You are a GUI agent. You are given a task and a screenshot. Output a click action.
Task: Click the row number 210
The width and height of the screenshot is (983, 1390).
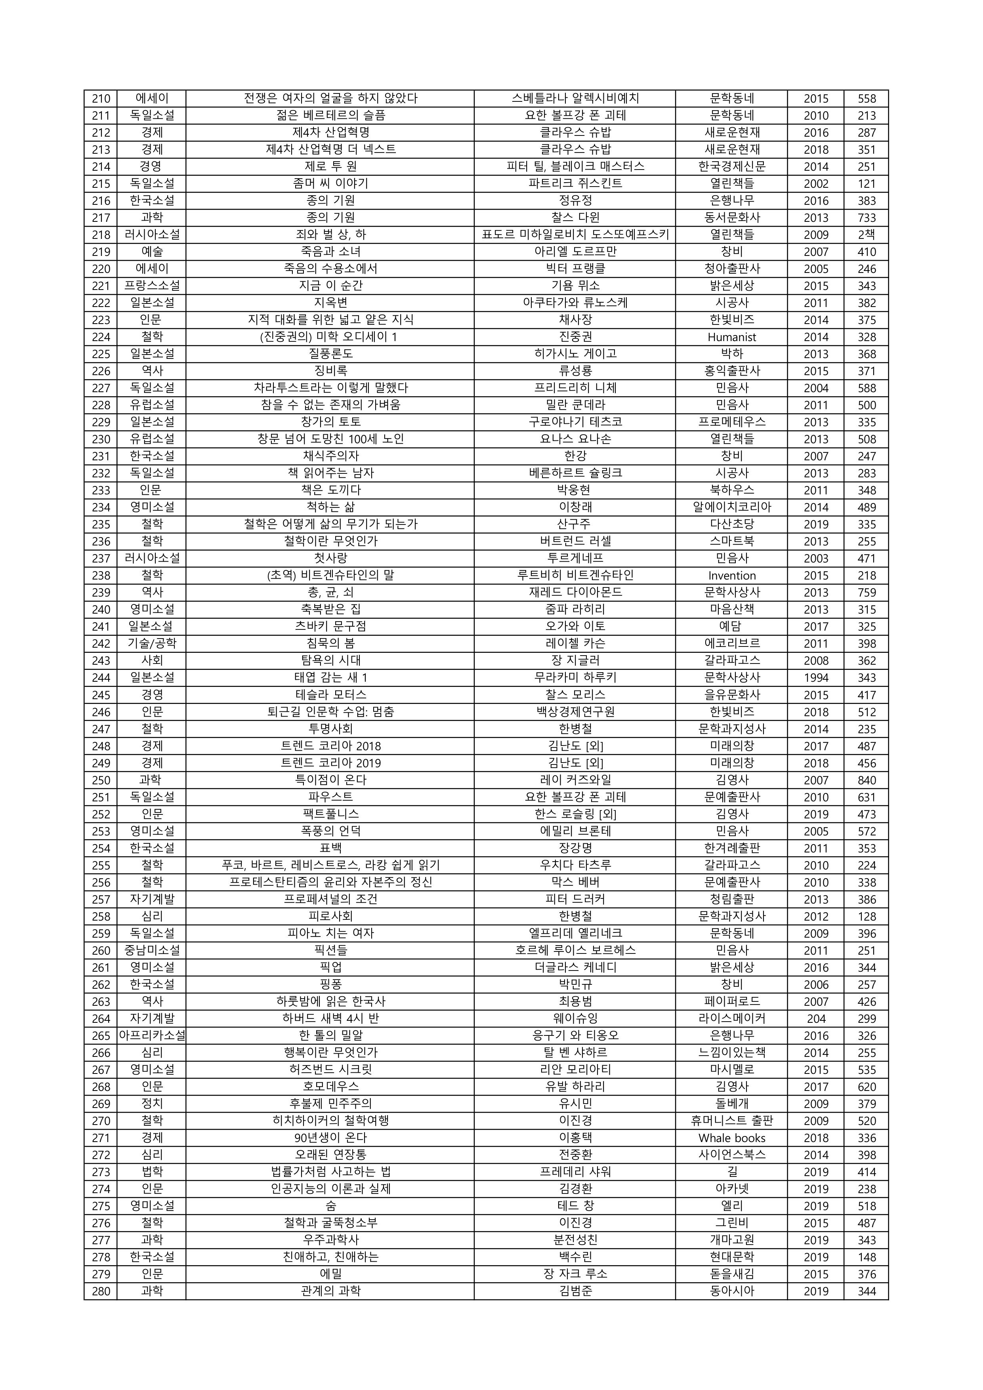coord(101,99)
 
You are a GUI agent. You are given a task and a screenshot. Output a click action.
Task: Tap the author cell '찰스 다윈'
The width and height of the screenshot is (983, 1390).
coord(575,217)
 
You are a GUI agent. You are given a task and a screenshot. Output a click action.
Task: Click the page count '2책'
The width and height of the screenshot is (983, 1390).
coord(866,235)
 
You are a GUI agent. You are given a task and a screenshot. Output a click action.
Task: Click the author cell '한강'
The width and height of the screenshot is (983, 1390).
coord(575,456)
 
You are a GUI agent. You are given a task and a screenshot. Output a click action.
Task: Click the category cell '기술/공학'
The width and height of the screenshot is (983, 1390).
coord(151,644)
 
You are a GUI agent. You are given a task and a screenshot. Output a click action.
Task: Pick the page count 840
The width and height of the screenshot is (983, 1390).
coord(866,780)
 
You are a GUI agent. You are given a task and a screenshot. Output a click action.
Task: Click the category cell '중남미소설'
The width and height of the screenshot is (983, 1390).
coord(151,950)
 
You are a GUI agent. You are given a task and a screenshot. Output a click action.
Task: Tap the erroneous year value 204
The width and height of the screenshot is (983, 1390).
coord(815,1019)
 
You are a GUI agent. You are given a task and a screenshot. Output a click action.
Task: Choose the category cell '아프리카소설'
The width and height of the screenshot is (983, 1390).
coord(151,1036)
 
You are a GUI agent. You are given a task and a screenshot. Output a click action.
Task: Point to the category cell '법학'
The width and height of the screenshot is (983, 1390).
coord(151,1172)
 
